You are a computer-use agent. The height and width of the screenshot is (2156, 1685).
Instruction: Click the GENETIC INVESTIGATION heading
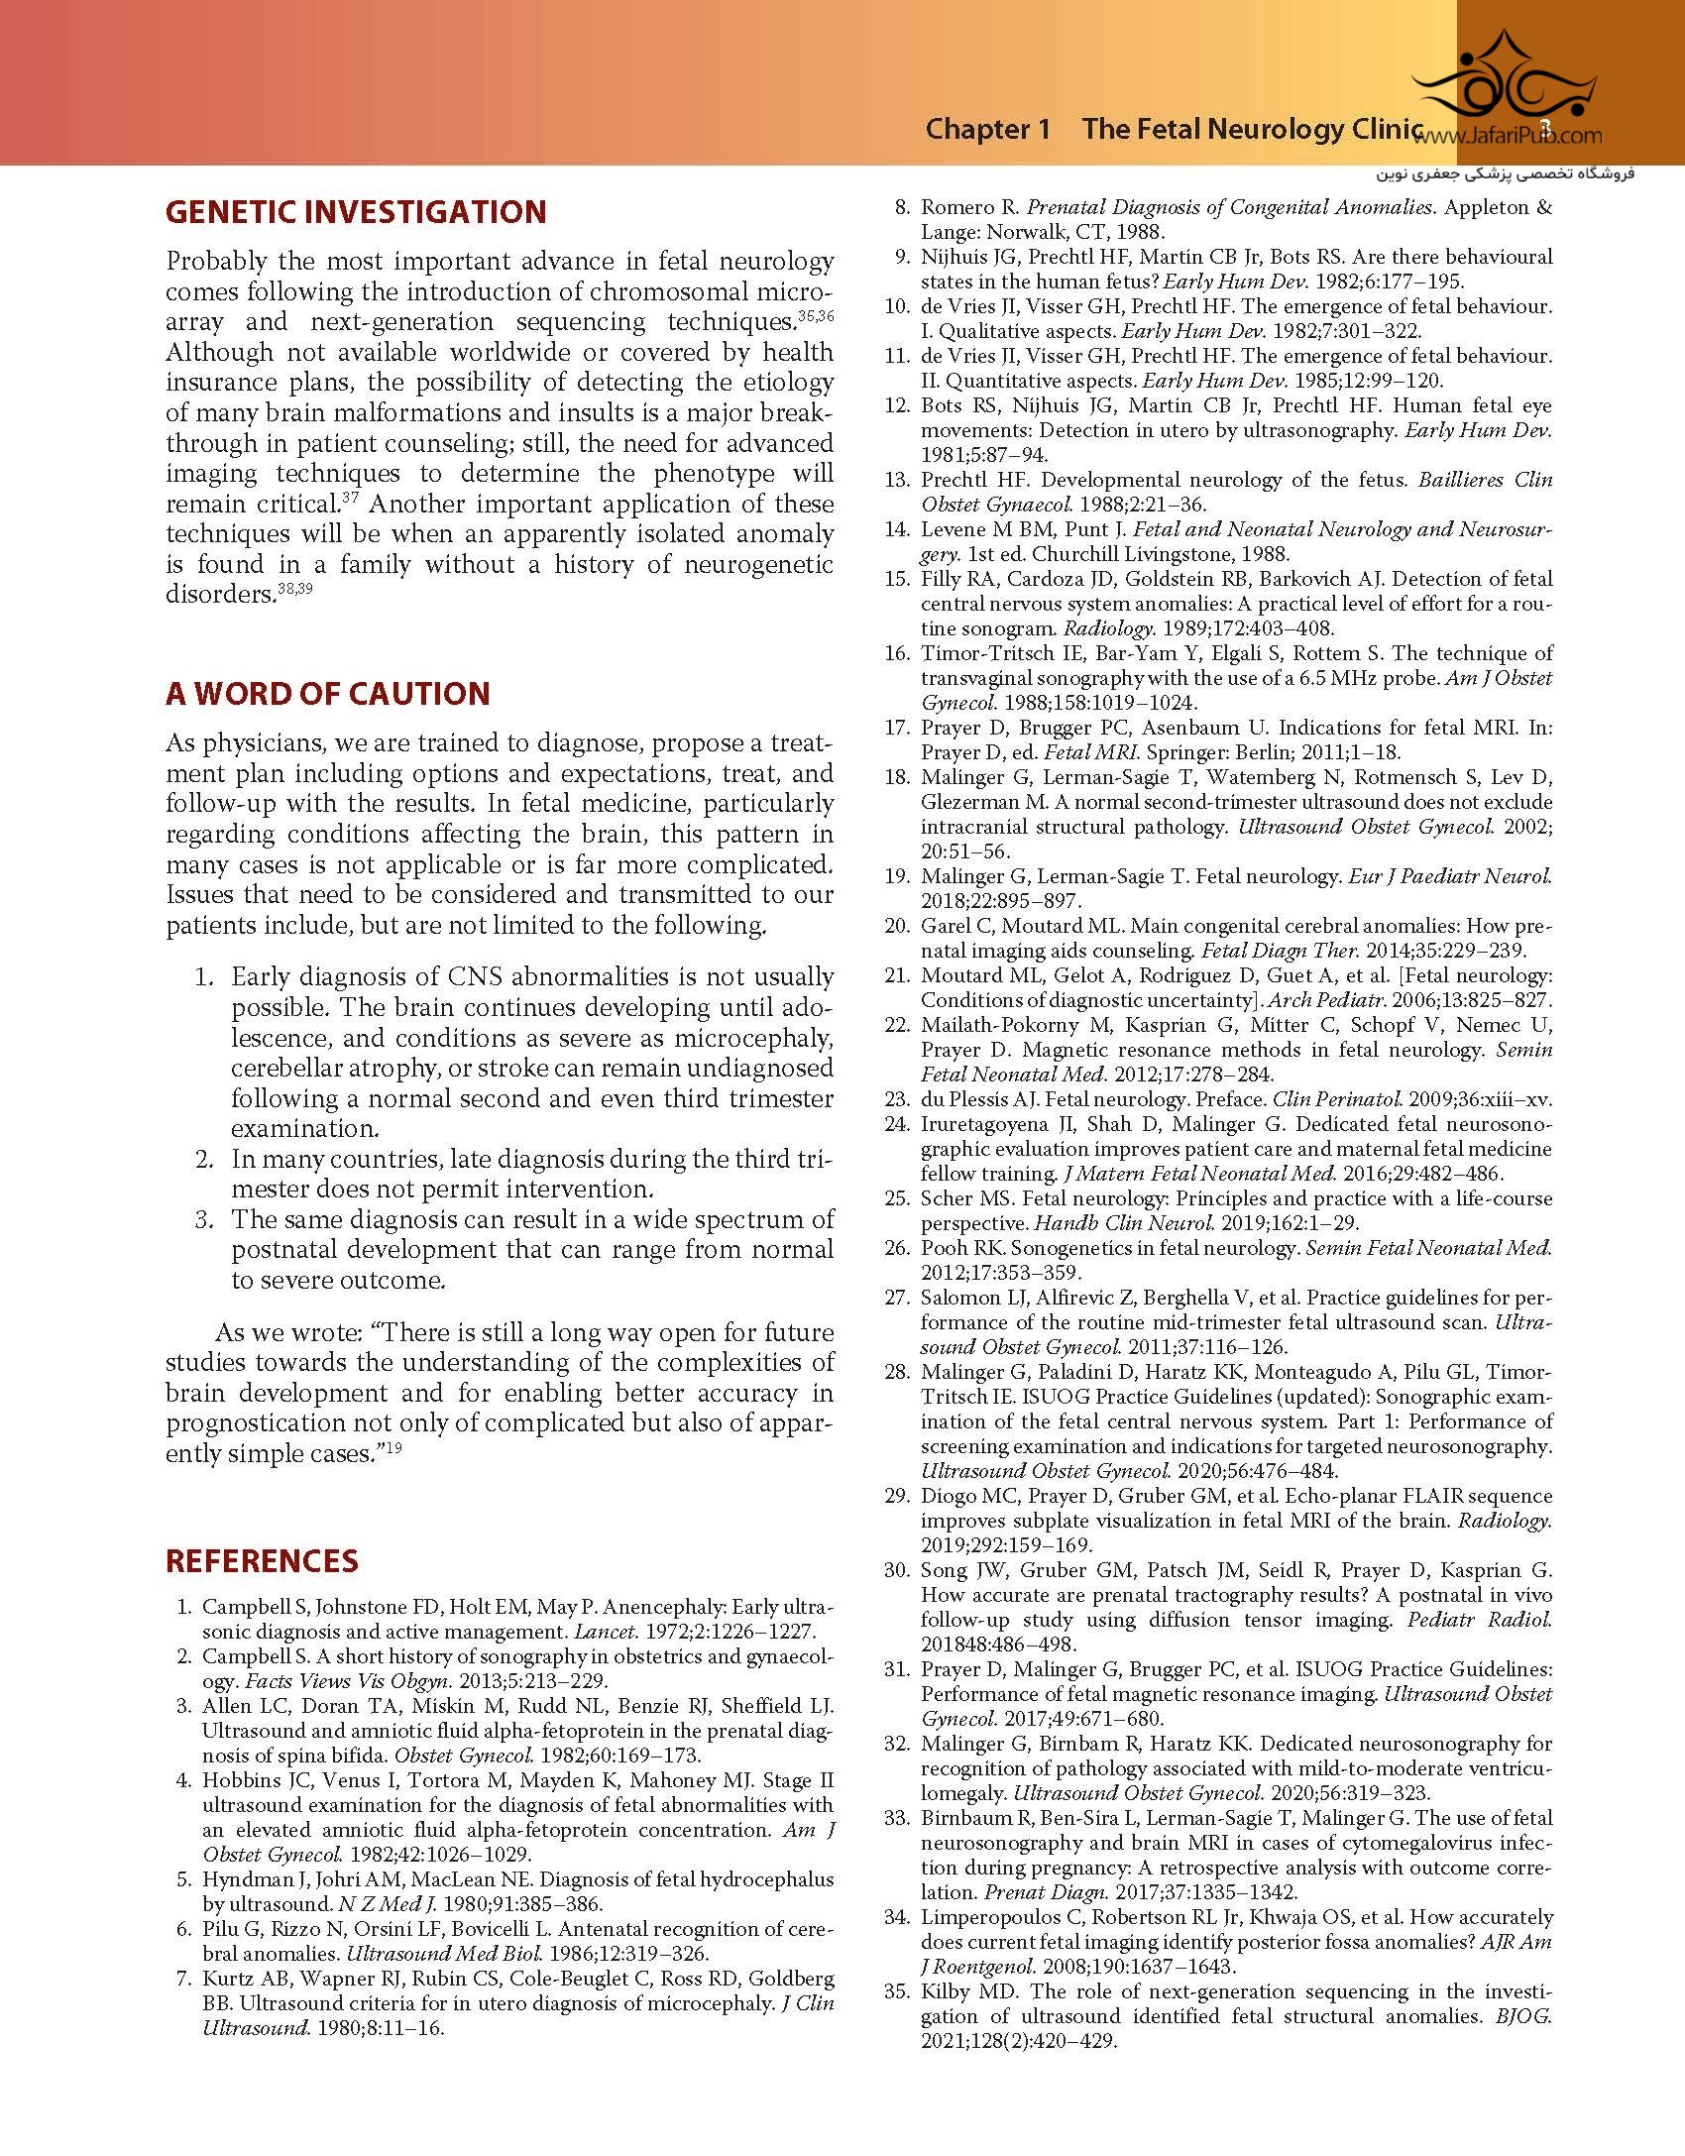356,212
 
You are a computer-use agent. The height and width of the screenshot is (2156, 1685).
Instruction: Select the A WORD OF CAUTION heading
327,693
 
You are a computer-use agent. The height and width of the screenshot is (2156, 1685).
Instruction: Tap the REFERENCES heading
262,1560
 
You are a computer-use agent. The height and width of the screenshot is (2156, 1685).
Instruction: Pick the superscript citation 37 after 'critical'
350,497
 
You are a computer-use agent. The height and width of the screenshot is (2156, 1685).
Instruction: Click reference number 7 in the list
182,1979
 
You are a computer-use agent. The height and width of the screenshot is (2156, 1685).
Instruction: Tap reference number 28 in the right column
896,1372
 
